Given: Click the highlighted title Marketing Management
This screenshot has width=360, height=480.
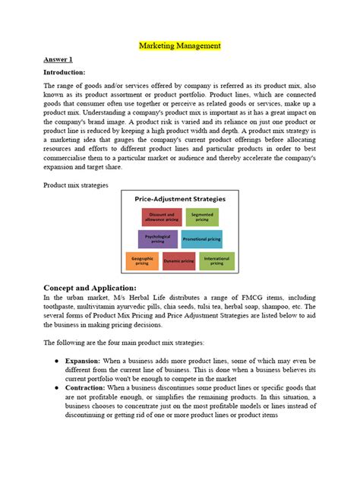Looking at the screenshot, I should point(180,46).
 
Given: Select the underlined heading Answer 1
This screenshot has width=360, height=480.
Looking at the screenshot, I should point(58,59).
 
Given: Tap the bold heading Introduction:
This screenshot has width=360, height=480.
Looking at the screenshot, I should point(66,72).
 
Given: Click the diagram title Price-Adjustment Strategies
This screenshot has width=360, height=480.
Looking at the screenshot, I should point(180,199).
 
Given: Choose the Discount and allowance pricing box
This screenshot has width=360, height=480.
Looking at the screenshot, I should point(161,217).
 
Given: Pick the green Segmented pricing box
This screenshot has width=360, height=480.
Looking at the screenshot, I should point(202,217).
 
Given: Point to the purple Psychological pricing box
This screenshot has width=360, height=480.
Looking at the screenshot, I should point(157,238).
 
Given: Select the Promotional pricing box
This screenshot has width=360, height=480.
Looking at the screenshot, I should point(201,239).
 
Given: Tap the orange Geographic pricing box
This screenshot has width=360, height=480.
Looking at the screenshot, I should point(141,262).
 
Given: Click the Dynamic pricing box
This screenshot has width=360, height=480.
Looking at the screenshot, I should point(179,262).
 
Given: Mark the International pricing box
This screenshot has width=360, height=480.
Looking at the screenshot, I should point(217,262).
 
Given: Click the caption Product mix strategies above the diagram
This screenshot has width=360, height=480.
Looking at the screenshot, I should point(76,185).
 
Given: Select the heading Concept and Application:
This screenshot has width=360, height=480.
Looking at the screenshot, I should point(90,288).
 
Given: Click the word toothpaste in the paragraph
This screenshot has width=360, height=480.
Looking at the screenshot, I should point(64,308).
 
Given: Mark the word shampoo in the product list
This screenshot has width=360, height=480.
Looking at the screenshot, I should point(287,308).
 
